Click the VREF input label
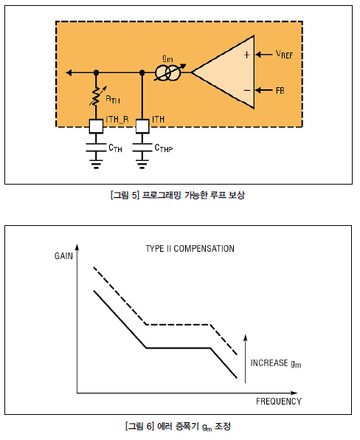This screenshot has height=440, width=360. pos(284,54)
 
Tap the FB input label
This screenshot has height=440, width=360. pos(280,91)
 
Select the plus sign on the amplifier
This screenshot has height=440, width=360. pos(246,55)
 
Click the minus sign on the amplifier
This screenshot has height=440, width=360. pos(247,90)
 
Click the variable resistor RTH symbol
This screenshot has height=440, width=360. pos(96,97)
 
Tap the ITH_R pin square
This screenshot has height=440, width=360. pos(96,126)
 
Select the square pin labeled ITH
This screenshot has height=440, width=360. pos(142,126)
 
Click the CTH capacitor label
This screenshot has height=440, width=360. pos(115,148)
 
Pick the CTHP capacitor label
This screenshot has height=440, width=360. pos(164,148)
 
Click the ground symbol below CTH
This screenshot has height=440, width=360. pos(96,164)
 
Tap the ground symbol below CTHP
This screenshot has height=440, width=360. pos(142,164)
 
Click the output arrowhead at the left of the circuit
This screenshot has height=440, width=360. pos(69,72)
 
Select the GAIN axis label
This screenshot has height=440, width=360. pos(63,256)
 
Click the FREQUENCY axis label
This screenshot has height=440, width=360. pos(279,402)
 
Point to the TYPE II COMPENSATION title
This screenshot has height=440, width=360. pos(190,249)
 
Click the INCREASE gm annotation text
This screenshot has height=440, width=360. pos(276,363)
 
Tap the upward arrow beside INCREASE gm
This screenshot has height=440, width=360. pos(246,359)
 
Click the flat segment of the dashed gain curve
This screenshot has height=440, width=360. pos(179,324)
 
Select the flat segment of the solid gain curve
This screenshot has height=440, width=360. pos(179,348)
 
